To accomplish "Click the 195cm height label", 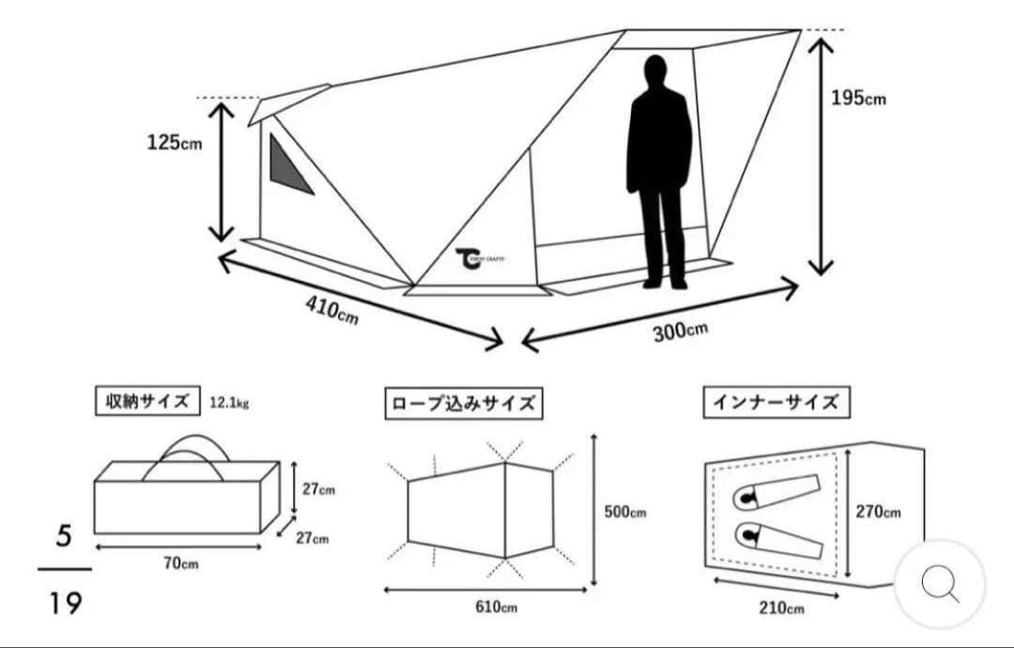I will [x=857, y=98].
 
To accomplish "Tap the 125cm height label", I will [x=174, y=143].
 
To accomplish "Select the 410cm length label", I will [x=331, y=309].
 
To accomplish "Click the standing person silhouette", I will [x=659, y=169].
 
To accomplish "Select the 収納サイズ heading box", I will [x=147, y=401].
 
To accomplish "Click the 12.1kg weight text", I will [x=230, y=403].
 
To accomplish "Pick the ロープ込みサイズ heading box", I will [x=464, y=404].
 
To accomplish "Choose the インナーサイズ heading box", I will [x=776, y=403].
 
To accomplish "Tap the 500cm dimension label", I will [x=624, y=512].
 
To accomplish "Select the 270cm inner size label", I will [x=878, y=512].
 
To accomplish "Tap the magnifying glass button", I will [x=939, y=584].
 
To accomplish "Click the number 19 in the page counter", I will [x=66, y=603].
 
